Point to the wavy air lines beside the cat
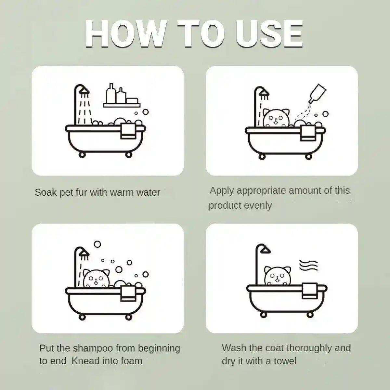(x=308, y=265)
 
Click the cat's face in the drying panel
(x=278, y=276)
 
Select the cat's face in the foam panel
(x=97, y=278)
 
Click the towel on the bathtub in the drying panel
(x=310, y=291)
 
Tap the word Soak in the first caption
(x=45, y=192)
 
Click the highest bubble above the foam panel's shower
(x=97, y=244)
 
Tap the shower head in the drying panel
(x=265, y=250)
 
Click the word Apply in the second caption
(x=222, y=191)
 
